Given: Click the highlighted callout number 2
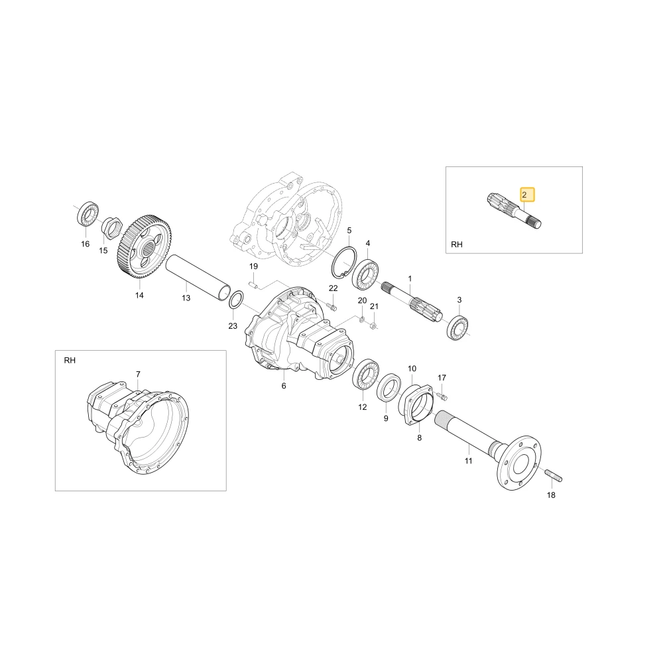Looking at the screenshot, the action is pyautogui.click(x=527, y=194).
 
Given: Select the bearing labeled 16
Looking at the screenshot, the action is pyautogui.click(x=88, y=215).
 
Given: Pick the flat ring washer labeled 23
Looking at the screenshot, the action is pyautogui.click(x=235, y=300).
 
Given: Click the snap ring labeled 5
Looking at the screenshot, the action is pyautogui.click(x=343, y=263).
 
